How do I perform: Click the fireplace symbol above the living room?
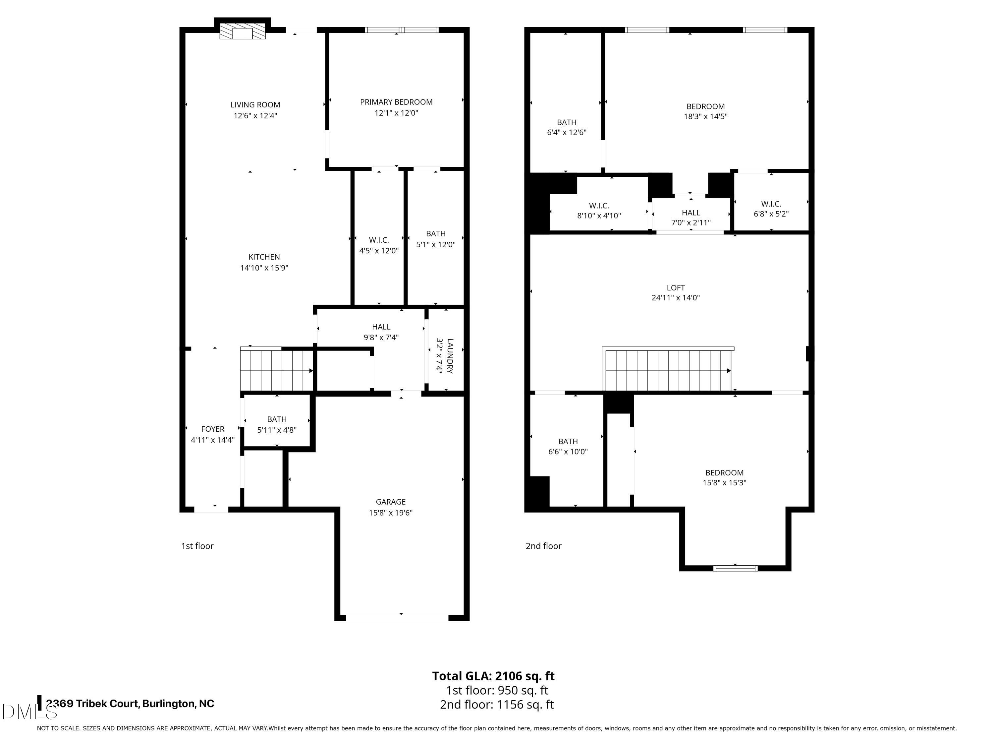click(242, 31)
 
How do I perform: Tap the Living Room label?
click(255, 105)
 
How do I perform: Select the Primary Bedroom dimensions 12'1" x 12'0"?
click(396, 113)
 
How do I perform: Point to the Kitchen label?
click(264, 257)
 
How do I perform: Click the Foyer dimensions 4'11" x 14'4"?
click(213, 440)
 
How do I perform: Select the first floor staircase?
click(276, 370)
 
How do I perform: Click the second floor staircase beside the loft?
click(667, 370)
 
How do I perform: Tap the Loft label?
click(675, 287)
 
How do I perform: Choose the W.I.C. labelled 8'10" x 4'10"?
click(599, 211)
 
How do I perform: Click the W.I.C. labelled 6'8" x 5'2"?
click(771, 209)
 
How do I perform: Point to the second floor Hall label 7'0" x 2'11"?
click(691, 217)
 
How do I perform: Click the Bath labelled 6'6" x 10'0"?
click(568, 446)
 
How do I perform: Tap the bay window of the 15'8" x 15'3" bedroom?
click(735, 568)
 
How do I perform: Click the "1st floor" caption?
click(197, 546)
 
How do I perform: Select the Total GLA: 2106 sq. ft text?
click(493, 676)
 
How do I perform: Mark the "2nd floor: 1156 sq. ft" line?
click(497, 705)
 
